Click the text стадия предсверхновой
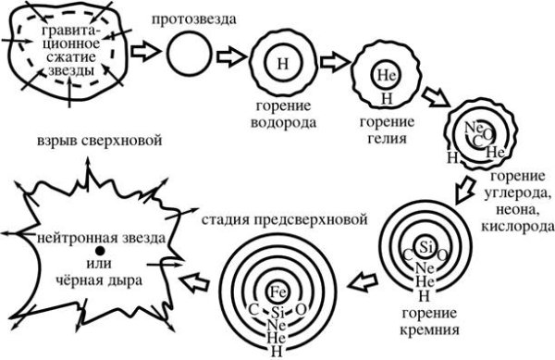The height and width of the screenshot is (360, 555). click(281, 220)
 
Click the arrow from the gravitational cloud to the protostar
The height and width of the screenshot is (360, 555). click(142, 52)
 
